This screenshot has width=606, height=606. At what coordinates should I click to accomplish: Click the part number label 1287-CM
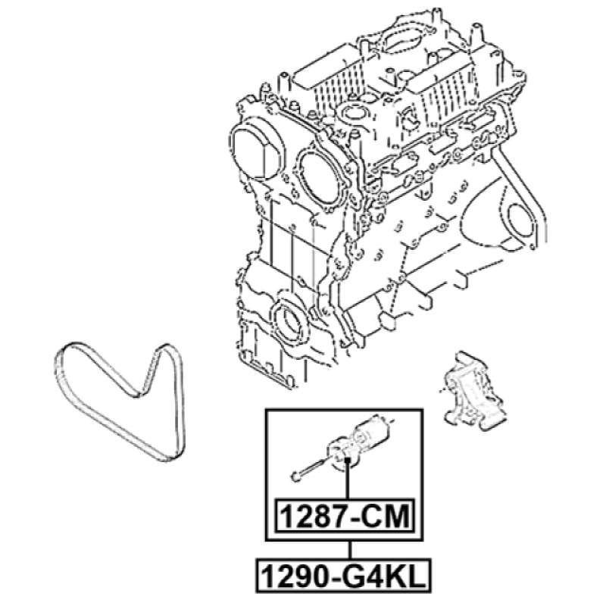pyautogui.click(x=345, y=517)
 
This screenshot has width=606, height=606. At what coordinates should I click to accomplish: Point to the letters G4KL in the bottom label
pyautogui.click(x=381, y=576)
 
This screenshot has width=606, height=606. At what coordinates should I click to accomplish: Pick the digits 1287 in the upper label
pyautogui.click(x=311, y=517)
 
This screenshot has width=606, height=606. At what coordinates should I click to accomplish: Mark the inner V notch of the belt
pyautogui.click(x=139, y=394)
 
